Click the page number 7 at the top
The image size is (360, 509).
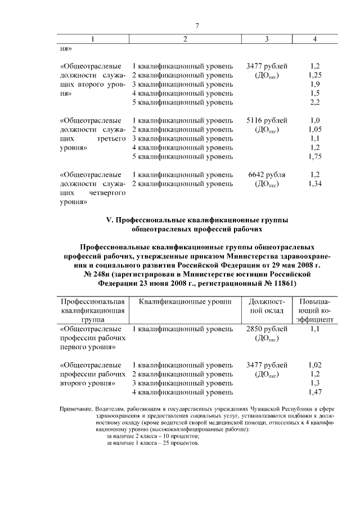[197, 26]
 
